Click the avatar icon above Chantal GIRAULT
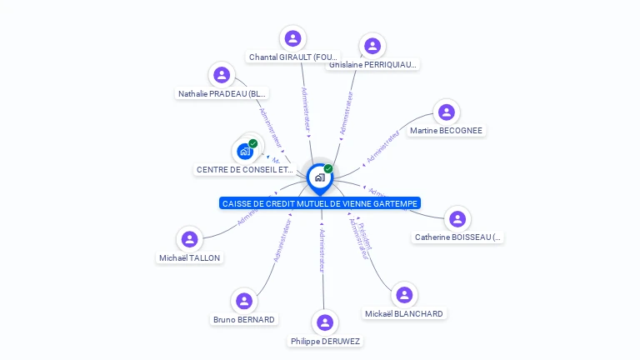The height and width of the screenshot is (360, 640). tap(292, 38)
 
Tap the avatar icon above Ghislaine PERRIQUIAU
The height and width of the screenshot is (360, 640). tap(372, 46)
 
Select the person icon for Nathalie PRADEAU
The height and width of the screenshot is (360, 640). tap(222, 75)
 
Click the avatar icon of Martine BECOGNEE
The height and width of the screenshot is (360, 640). tap(447, 112)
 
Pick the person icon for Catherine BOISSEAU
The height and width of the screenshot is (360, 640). tap(457, 219)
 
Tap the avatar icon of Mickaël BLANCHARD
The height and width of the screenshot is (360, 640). tap(404, 295)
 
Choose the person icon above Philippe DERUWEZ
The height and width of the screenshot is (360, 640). tap(325, 322)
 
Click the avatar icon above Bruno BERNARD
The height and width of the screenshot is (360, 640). tap(243, 301)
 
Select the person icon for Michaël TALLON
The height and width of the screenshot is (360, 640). tap(190, 239)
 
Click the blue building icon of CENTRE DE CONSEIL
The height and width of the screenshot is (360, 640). tap(245, 151)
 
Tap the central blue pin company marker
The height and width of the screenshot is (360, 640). tap(319, 177)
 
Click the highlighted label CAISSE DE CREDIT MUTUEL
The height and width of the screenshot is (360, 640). tap(320, 203)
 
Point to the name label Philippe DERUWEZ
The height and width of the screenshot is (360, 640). tap(325, 342)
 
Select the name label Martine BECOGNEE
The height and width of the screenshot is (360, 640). tap(446, 131)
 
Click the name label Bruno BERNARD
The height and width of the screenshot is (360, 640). tap(243, 320)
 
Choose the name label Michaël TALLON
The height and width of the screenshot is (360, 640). tap(190, 258)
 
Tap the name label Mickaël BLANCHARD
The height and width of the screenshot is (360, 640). tap(404, 314)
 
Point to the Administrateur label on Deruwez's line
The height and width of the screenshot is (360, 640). tap(322, 249)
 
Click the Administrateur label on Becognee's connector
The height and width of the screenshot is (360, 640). tap(383, 146)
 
